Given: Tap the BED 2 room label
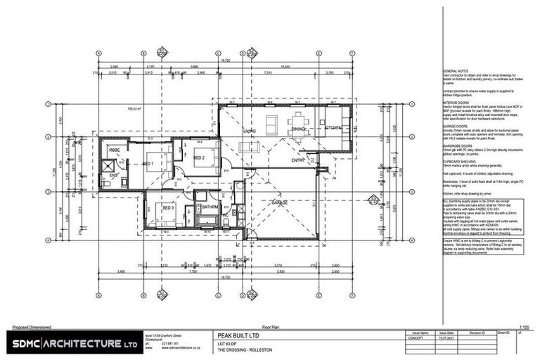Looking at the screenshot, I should (x=199, y=158).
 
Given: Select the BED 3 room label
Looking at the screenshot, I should (x=167, y=209).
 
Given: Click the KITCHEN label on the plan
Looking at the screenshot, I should (x=334, y=128).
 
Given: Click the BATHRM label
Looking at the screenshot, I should (x=210, y=208).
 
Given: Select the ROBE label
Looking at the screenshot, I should (x=115, y=150).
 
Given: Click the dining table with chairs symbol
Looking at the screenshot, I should (x=298, y=121).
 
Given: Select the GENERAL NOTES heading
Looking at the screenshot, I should (x=459, y=72).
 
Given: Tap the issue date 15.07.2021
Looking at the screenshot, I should (x=447, y=338).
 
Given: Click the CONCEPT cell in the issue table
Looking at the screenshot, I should (x=420, y=338).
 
